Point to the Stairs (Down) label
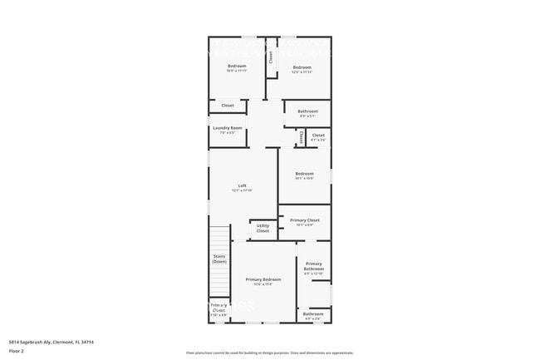coord(219,259)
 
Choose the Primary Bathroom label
coord(313,266)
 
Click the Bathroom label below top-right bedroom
coord(308,112)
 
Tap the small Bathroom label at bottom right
coord(313,315)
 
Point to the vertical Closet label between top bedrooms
coord(270,57)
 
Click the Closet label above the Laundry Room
coord(228,106)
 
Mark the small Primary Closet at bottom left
coord(218,309)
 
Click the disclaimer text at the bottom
coord(269,353)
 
